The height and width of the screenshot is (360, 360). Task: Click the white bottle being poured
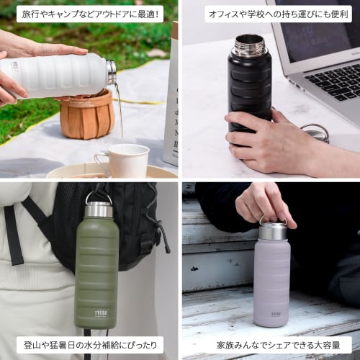pyautogui.click(x=58, y=75)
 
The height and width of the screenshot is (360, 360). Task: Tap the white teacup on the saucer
pyautogui.click(x=124, y=159)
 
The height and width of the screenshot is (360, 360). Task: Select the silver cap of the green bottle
pyautogui.click(x=99, y=209)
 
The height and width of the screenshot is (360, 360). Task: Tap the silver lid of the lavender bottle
pyautogui.click(x=273, y=230)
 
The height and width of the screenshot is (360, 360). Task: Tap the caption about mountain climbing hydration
pyautogui.click(x=89, y=345)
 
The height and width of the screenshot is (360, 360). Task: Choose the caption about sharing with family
pyautogui.click(x=269, y=345)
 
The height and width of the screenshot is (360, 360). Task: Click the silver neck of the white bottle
pyautogui.click(x=111, y=72)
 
